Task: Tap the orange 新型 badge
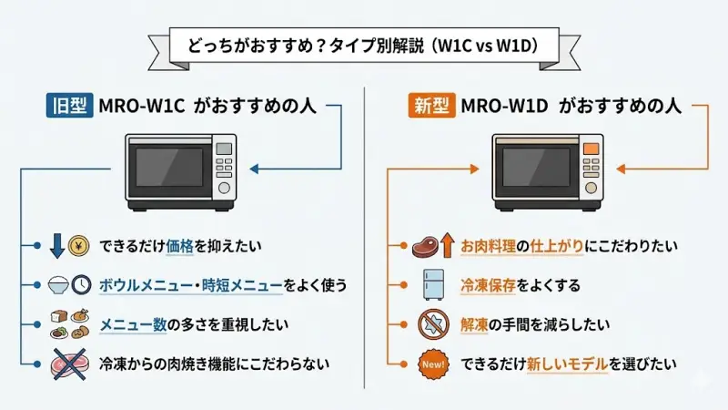tap(430, 106)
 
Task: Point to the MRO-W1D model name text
tap(504, 106)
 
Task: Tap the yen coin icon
tap(79, 246)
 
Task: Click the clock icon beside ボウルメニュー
tap(81, 285)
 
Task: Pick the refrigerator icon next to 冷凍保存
tap(432, 284)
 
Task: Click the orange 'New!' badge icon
tap(432, 364)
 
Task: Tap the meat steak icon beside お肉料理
tap(424, 246)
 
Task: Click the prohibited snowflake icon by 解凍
tap(432, 323)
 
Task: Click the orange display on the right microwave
tap(591, 146)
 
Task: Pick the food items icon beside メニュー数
tap(68, 324)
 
